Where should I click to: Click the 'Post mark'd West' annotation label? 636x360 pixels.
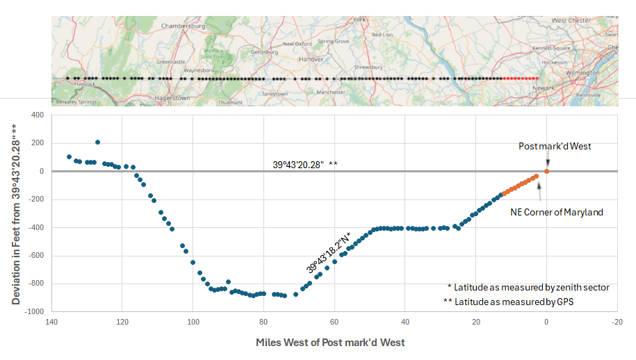click(555, 147)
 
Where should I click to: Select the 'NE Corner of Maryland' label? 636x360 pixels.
click(557, 212)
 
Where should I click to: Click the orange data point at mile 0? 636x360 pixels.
click(546, 171)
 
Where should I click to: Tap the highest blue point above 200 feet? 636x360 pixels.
click(97, 142)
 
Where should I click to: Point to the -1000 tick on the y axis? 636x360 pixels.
click(33, 312)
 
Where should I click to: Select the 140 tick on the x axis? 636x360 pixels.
click(51, 322)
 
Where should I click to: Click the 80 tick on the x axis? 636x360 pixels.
click(263, 322)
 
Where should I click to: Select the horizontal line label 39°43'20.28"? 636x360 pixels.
click(304, 165)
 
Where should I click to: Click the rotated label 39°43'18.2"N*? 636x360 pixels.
click(329, 252)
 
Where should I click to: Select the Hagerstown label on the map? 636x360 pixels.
click(172, 98)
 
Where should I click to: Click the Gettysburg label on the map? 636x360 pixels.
click(263, 52)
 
